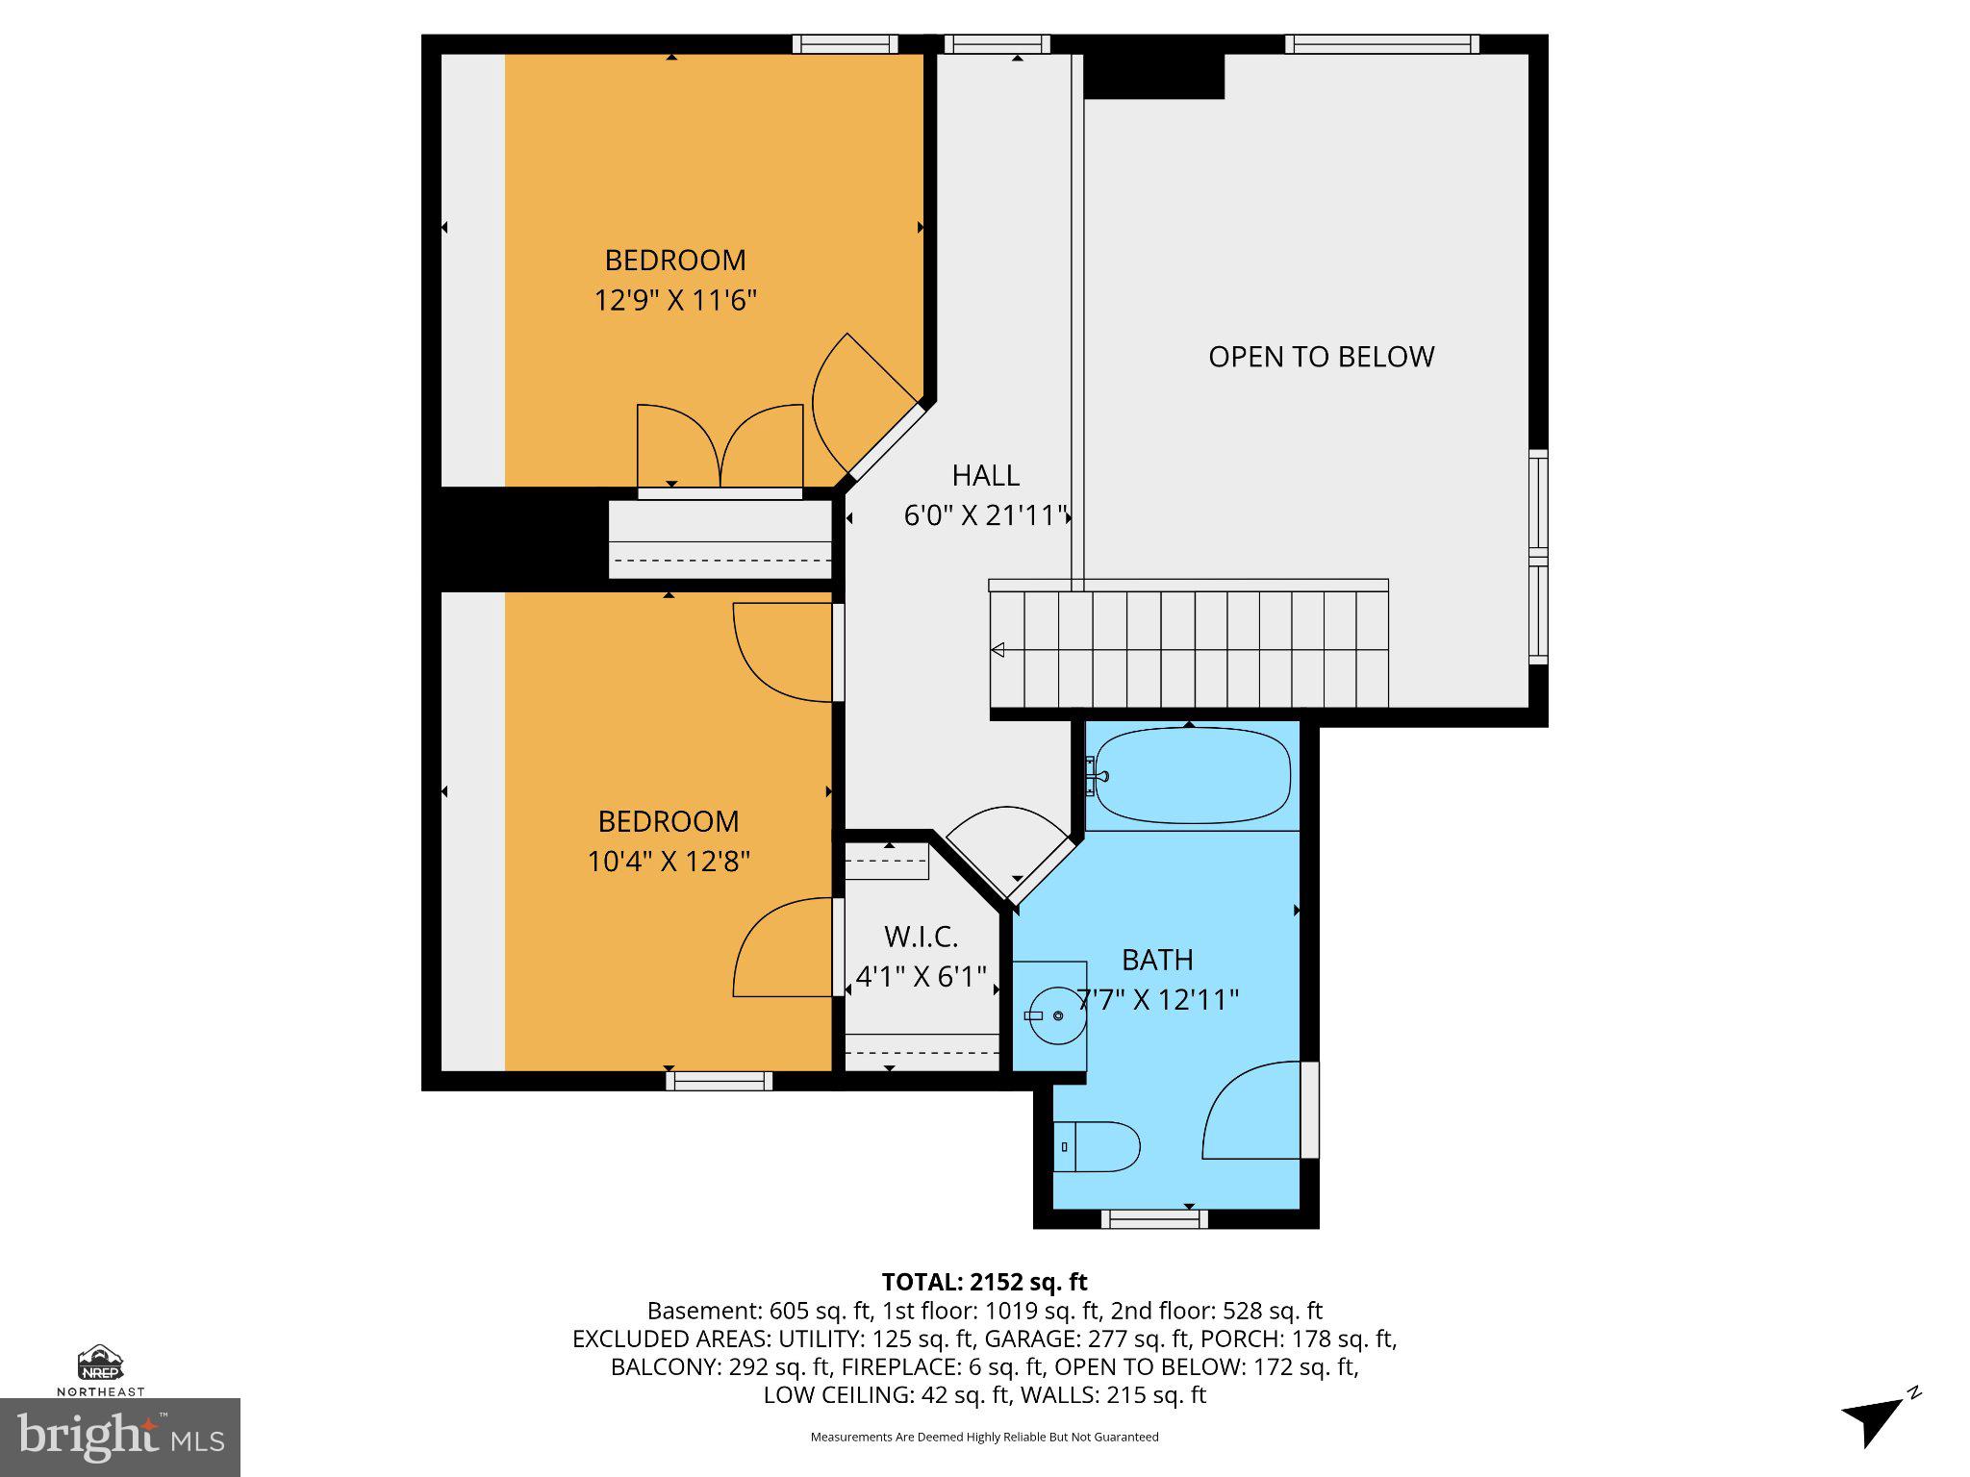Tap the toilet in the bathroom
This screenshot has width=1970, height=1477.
[1098, 1146]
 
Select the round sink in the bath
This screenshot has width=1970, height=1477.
[1057, 1015]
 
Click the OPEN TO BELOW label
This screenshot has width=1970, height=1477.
[1321, 357]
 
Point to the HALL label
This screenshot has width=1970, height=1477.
[985, 475]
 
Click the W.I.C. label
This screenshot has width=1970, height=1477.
[921, 937]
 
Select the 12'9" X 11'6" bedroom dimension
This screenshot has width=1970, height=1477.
[675, 300]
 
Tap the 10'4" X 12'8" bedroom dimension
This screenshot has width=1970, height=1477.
[669, 861]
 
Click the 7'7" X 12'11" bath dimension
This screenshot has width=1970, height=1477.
[1157, 1000]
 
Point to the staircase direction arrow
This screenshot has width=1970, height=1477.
[998, 650]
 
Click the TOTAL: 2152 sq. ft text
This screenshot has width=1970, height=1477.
[984, 1282]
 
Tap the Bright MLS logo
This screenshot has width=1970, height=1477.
[120, 1437]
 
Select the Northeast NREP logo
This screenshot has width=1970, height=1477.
[100, 1369]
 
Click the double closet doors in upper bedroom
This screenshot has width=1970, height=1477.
[720, 448]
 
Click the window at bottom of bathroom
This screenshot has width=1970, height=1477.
[1153, 1219]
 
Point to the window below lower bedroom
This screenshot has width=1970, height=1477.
[720, 1082]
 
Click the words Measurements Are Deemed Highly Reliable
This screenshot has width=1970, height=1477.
[984, 1437]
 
